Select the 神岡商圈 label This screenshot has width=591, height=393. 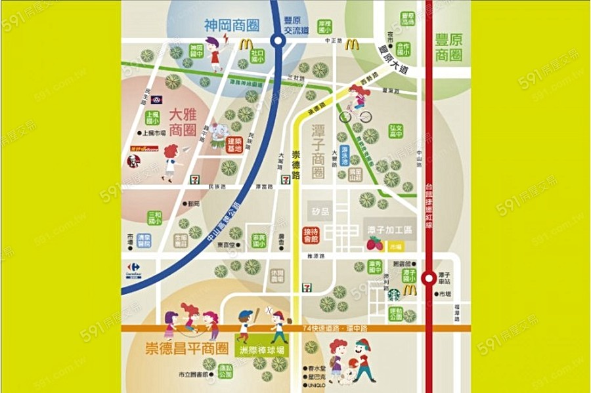(x=230, y=26)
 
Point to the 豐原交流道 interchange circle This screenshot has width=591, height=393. (x=278, y=41)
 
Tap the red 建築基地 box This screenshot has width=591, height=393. (x=234, y=145)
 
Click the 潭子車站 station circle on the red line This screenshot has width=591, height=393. (x=428, y=278)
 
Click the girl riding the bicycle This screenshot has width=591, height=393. (x=359, y=105)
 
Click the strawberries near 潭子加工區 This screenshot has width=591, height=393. (x=374, y=243)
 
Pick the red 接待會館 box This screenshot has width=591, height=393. (x=310, y=235)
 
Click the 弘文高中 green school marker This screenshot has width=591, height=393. (x=396, y=132)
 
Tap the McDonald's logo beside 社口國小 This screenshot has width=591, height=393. (x=246, y=45)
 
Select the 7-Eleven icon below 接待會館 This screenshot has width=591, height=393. (x=307, y=287)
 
